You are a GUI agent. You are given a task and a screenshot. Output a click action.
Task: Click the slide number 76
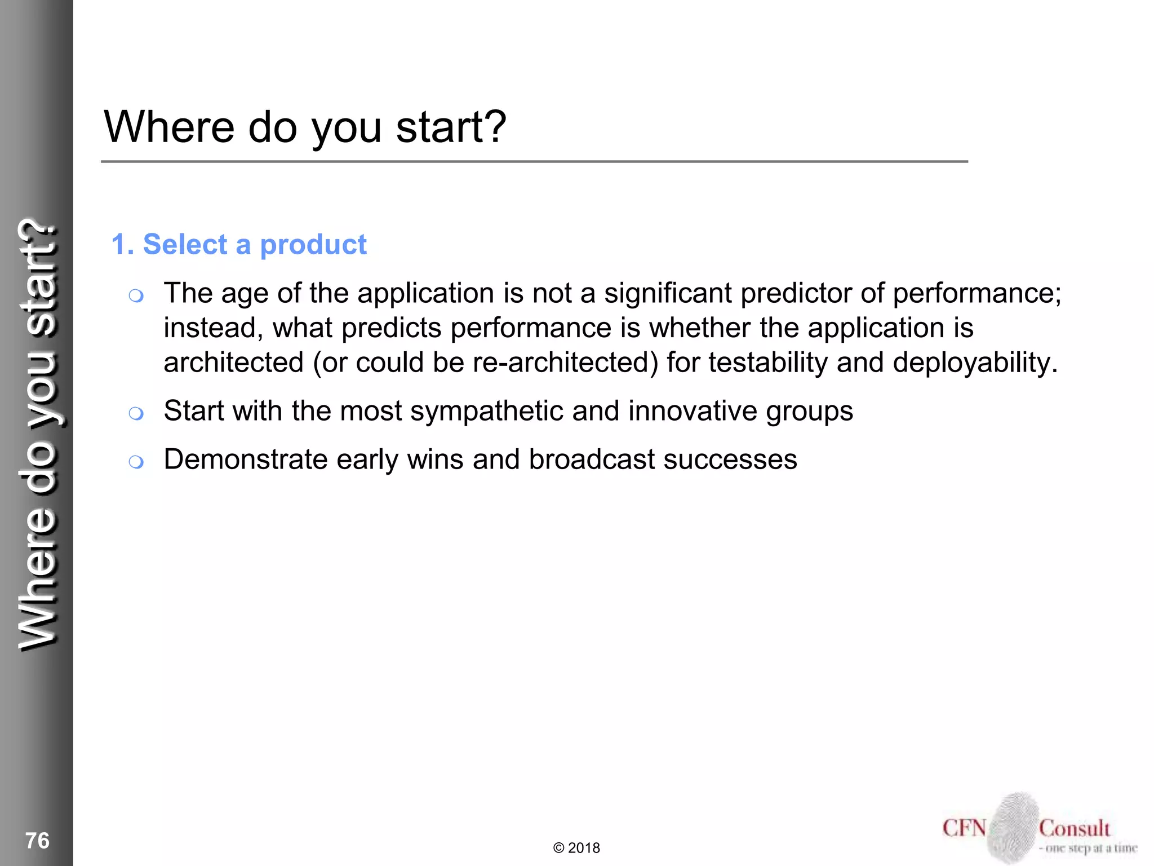[37, 841]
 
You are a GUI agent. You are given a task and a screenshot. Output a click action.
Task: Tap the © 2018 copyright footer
[576, 848]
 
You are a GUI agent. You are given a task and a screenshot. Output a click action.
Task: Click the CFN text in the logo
[964, 828]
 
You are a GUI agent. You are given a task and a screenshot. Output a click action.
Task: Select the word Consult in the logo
[1075, 828]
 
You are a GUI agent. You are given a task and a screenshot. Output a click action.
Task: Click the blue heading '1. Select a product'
[239, 245]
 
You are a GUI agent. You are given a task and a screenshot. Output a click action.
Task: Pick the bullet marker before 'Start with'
[136, 413]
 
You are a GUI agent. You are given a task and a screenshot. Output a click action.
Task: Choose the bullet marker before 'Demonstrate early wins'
[136, 462]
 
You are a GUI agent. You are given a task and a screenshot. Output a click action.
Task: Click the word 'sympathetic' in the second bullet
[487, 411]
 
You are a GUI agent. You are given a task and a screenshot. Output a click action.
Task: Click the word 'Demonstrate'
[246, 459]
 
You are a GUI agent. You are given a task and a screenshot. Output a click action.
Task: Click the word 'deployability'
[975, 363]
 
